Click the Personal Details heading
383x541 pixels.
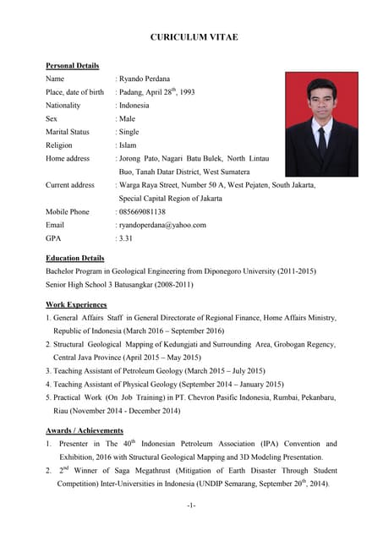click(72, 66)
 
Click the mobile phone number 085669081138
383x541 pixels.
click(142, 211)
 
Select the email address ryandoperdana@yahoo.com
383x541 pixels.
click(162, 225)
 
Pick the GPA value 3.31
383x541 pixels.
click(127, 238)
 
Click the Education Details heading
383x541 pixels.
click(75, 258)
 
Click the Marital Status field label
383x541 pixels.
click(67, 132)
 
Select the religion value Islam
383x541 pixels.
click(127, 145)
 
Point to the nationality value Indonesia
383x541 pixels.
click(134, 106)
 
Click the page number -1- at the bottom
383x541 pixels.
click(191, 505)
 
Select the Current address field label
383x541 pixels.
click(70, 184)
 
